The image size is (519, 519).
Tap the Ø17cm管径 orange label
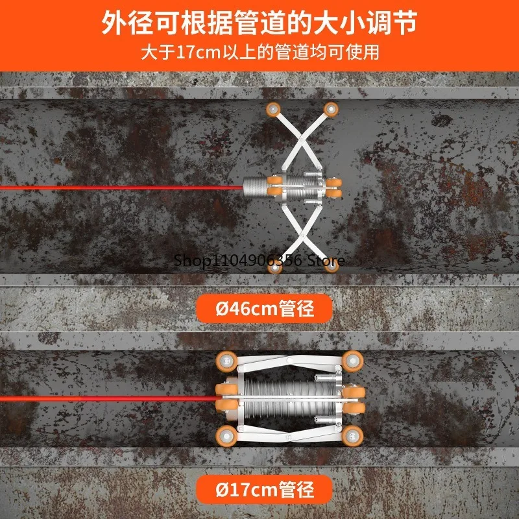[x=264, y=489]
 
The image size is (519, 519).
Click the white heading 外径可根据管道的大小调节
[x=259, y=23]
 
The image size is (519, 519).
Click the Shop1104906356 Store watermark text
[x=259, y=260]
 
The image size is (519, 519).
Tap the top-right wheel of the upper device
[x=331, y=108]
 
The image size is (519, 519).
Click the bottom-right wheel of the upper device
[x=331, y=265]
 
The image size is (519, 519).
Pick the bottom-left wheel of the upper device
[x=276, y=267]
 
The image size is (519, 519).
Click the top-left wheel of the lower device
[x=227, y=359]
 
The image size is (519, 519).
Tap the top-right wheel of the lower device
[x=352, y=359]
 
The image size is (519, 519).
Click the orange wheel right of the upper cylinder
[x=335, y=187]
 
